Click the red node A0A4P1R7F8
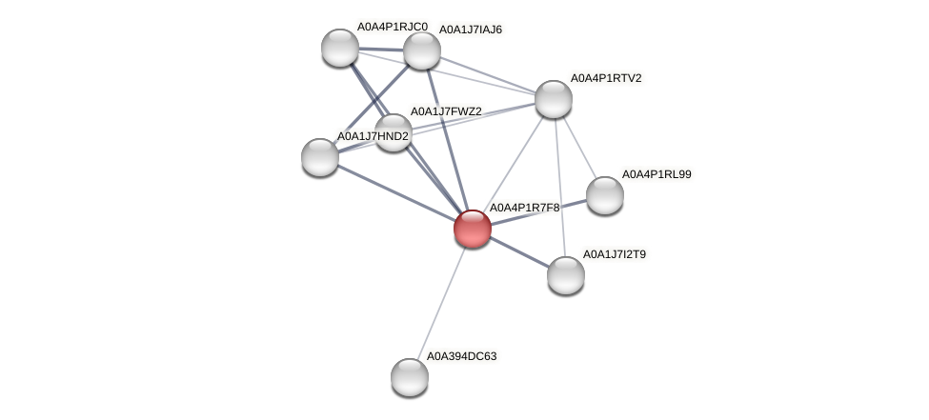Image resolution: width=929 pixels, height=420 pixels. pyautogui.click(x=472, y=229)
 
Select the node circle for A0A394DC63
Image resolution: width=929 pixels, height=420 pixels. pyautogui.click(x=410, y=376)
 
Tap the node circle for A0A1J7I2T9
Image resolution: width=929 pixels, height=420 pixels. pyautogui.click(x=566, y=275)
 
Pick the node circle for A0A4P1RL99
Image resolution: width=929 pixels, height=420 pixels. pyautogui.click(x=604, y=195)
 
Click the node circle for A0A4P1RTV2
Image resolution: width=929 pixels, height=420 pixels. pyautogui.click(x=553, y=99)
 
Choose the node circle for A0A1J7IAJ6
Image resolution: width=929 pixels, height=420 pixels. pyautogui.click(x=421, y=50)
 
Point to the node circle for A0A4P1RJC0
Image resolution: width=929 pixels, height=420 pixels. pyautogui.click(x=339, y=48)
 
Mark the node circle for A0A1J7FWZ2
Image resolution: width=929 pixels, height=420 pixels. pyautogui.click(x=393, y=132)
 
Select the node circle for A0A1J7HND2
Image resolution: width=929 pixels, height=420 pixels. pyautogui.click(x=320, y=157)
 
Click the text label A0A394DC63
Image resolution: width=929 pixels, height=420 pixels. pyautogui.click(x=461, y=356)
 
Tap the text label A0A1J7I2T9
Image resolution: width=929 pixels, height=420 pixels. pyautogui.click(x=618, y=254)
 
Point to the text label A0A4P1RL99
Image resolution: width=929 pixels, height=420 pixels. pyautogui.click(x=656, y=174)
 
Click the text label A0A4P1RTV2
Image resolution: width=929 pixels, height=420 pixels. pyautogui.click(x=605, y=78)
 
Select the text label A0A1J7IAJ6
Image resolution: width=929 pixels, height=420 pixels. pyautogui.click(x=470, y=30)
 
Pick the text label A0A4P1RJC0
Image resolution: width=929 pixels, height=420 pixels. pyautogui.click(x=392, y=27)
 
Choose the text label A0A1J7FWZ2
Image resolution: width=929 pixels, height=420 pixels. pyautogui.click(x=446, y=111)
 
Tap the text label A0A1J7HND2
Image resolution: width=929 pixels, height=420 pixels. pyautogui.click(x=373, y=136)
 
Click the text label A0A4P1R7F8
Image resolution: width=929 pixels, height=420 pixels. pyautogui.click(x=524, y=207)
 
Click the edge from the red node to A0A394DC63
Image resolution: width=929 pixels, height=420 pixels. pyautogui.click(x=441, y=302)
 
